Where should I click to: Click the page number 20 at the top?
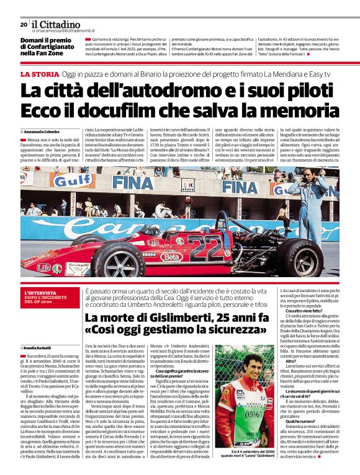click(x=24, y=24)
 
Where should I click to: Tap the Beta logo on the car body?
click(x=169, y=255)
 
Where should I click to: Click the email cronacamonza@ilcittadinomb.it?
click(x=71, y=30)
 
